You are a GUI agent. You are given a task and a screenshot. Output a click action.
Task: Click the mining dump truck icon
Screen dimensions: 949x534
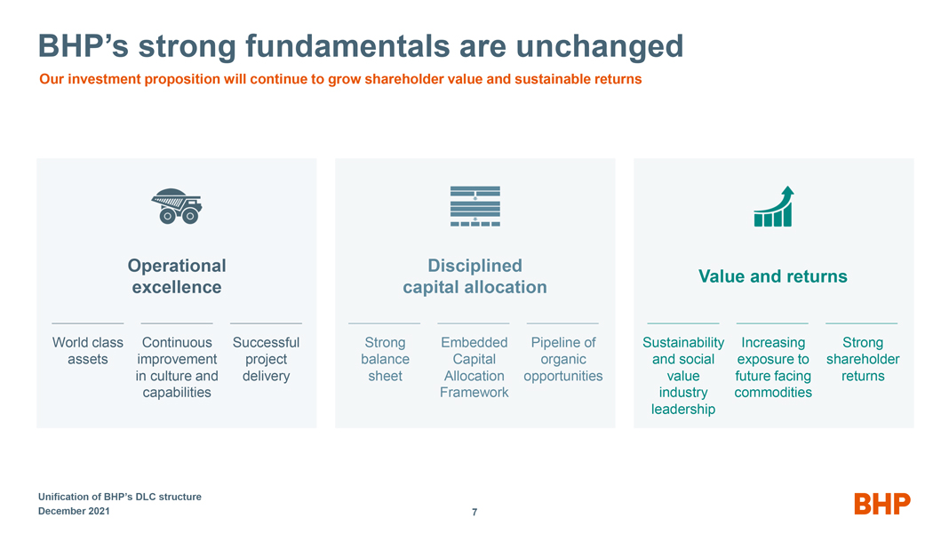coord(177,206)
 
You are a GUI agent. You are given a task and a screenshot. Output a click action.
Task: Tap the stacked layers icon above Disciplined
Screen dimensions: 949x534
coord(475,206)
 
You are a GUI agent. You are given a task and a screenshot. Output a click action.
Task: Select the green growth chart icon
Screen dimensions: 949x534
coord(773,206)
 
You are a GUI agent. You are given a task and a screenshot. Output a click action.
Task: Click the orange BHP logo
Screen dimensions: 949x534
coord(881,504)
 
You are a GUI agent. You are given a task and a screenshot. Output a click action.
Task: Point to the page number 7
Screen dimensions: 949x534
coord(474,512)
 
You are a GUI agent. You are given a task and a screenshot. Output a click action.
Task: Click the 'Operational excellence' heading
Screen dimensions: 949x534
coord(177,276)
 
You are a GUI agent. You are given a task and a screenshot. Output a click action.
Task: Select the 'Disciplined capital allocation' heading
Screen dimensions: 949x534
coord(475,276)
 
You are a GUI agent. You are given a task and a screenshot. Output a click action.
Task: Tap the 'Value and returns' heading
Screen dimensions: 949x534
coord(773,276)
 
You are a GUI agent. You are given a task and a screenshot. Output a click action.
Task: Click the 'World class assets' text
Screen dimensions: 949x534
coord(88,351)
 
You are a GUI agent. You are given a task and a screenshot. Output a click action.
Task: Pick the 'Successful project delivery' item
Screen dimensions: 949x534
coord(267,359)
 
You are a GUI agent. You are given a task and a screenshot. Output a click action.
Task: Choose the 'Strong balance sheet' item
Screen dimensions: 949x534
coord(385,359)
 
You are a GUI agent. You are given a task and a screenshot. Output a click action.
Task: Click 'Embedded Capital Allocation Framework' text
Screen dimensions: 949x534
coord(474,368)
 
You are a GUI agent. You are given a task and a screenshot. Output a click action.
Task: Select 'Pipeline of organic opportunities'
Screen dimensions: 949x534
coord(563,359)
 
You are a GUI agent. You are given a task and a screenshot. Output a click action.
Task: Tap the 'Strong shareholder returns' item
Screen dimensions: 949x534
coord(863,359)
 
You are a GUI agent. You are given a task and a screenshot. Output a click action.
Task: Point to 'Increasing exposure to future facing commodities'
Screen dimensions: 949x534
coord(773,368)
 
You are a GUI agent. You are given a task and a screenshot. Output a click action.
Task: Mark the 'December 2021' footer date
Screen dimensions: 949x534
coord(74,511)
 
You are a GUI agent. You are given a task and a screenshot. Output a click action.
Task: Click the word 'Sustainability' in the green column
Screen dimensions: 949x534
coord(683,343)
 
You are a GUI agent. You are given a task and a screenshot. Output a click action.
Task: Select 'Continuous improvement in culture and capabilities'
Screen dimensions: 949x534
coord(177,368)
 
